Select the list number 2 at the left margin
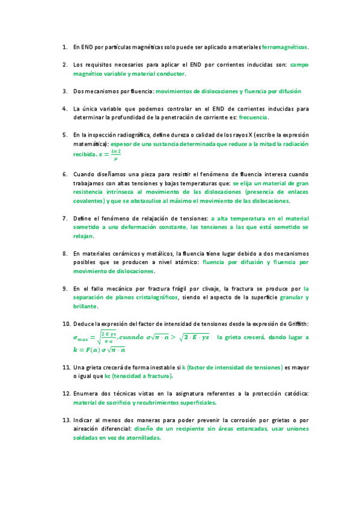coord(64,64)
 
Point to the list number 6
coord(64,173)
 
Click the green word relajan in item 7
coord(82,237)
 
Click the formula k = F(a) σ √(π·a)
coord(99,349)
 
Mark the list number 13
coord(65,419)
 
